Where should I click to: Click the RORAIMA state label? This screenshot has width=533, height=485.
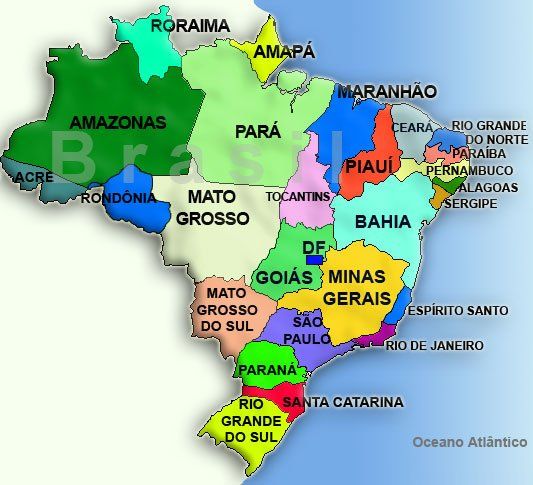pos(190,26)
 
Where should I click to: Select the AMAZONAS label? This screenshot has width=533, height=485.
pos(117,122)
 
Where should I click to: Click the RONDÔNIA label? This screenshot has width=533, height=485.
pos(118,198)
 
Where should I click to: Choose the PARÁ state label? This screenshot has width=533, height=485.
pos(258,131)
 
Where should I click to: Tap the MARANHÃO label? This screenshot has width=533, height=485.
pos(386,92)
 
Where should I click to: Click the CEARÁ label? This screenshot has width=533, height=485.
pos(412,128)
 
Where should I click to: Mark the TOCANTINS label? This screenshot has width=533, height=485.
pos(298,197)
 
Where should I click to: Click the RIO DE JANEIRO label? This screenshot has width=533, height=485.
pos(434,346)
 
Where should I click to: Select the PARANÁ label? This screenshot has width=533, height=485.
pos(266,370)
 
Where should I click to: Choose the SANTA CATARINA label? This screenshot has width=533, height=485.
pos(343,402)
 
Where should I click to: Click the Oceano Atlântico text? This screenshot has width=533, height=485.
pos(469,441)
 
